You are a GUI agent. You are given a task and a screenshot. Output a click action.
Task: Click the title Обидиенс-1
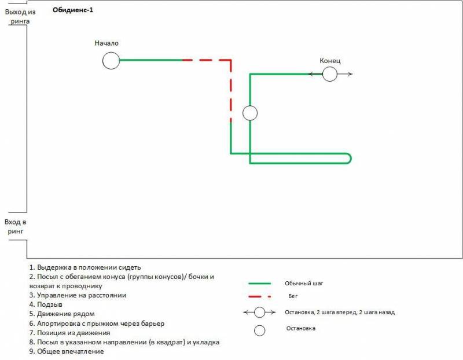pos(72,10)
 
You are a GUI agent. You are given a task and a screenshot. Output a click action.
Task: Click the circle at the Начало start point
pos(111,60)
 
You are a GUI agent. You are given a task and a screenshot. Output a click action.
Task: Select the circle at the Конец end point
pos(330,74)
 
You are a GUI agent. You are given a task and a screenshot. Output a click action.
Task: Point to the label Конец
pos(330,61)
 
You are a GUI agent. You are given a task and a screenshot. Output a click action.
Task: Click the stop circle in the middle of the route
pos(250,113)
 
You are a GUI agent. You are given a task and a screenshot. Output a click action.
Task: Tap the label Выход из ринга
pos(16,16)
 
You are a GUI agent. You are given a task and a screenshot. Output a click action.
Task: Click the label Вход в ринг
pos(16,226)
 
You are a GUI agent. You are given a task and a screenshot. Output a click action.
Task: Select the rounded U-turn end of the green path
pos(348,159)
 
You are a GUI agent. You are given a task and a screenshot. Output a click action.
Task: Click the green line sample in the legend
pos(260,284)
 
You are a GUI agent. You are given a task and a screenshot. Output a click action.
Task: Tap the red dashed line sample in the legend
pos(260,296)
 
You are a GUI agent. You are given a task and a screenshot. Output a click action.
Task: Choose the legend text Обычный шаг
pos(304,284)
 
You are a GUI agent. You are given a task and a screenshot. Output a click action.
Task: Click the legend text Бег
pos(293,296)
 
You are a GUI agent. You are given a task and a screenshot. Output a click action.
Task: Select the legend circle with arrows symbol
pos(260,312)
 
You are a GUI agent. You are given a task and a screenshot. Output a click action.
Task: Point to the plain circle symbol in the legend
pos(260,330)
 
